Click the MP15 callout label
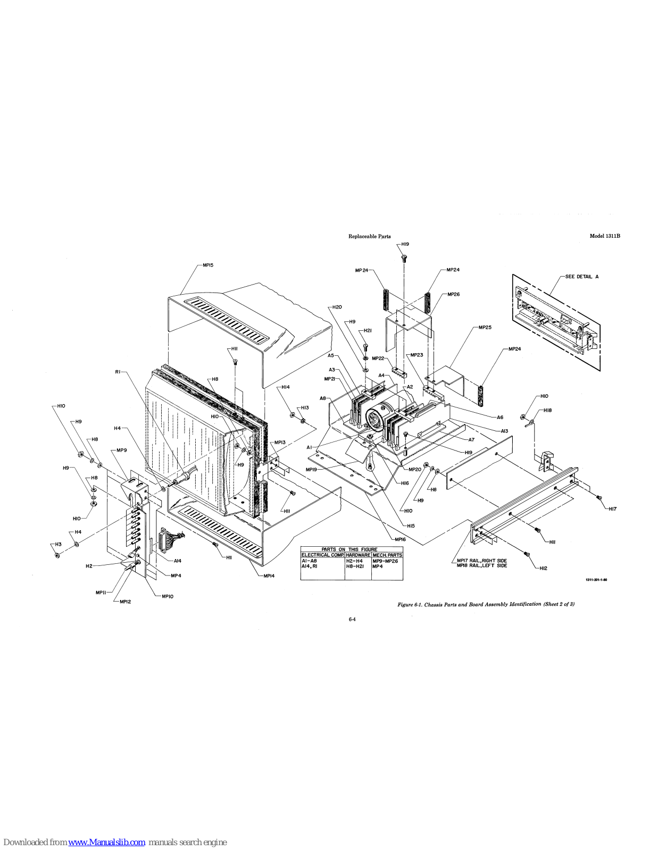click(207, 265)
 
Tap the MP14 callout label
click(269, 575)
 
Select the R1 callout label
click(118, 372)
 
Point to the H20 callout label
click(337, 307)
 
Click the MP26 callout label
click(453, 294)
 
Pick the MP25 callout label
click(485, 327)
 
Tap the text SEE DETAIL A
click(581, 277)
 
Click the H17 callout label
click(612, 509)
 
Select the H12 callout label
click(543, 569)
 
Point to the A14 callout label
click(178, 561)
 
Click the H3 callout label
click(58, 544)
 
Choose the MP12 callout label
click(125, 602)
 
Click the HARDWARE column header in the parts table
click(358, 555)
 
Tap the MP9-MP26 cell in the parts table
click(385, 561)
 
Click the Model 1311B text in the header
click(605, 236)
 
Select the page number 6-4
click(352, 619)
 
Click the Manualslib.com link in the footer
click(107, 842)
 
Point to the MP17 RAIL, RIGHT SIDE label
click(481, 561)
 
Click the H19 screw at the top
click(404, 258)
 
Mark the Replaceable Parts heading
click(369, 236)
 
